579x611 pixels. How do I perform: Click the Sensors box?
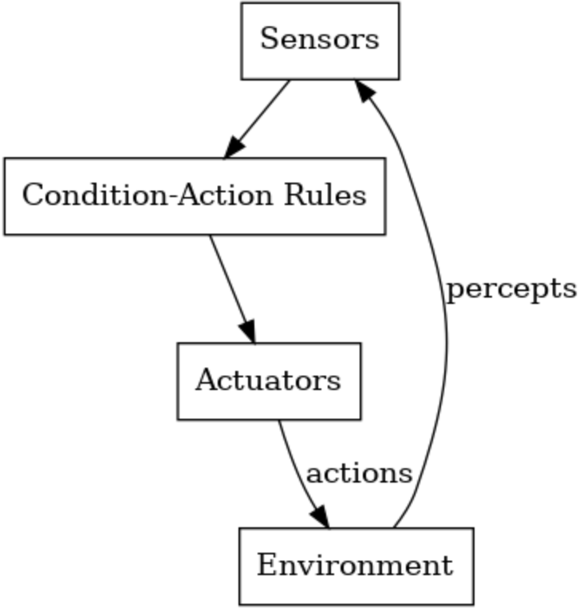click(320, 41)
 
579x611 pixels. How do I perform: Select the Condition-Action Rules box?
click(195, 196)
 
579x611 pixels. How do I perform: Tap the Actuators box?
click(269, 381)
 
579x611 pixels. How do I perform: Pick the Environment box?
click(356, 566)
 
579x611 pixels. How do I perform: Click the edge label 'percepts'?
click(511, 290)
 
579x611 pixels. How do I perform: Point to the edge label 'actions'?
click(359, 474)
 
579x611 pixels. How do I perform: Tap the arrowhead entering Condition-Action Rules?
click(234, 148)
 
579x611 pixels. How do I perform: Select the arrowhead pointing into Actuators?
click(248, 332)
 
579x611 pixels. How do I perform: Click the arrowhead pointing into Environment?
click(321, 517)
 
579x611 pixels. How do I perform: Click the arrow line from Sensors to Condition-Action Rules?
click(258, 119)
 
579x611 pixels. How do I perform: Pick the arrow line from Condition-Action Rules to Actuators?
click(232, 289)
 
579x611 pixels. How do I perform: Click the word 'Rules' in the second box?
click(325, 195)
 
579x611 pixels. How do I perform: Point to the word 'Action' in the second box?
click(225, 195)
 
